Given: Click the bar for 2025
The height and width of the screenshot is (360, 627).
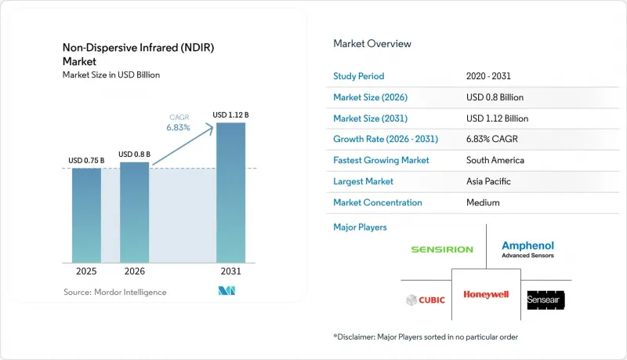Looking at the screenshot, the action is coord(86,216).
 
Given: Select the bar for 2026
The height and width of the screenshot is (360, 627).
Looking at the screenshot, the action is coord(134,213).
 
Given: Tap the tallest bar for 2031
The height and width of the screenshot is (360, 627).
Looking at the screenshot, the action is coord(230,193).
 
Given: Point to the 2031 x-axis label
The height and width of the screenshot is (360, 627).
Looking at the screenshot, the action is coord(230,271).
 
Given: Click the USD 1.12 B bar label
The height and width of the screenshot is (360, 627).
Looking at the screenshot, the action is coord(230,115).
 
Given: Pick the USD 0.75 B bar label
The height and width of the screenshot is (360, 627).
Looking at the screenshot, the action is coord(86,161).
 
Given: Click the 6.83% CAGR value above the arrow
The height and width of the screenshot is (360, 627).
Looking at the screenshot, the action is coord(179,128).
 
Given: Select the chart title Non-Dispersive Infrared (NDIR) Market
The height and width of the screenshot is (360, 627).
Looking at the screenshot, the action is coord(139,54).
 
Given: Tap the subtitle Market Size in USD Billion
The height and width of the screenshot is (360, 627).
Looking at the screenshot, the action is coord(111,75).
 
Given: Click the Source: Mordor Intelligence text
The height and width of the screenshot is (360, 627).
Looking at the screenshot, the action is coord(115,292).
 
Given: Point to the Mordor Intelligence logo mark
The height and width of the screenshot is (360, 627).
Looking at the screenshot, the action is coord(227,291).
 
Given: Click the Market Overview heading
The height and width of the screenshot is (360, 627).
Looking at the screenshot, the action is coord(372,44).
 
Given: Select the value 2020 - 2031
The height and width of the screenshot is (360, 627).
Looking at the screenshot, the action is coord(488,76).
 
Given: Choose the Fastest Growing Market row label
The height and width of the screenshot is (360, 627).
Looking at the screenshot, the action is coord(381,160).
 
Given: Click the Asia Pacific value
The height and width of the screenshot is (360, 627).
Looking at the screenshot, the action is coord(488,181).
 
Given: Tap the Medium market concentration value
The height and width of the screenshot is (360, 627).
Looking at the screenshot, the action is coord(483,202).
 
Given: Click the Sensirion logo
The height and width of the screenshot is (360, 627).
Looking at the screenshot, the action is coord(442,249).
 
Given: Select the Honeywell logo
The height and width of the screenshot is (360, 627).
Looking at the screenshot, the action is coord(486,295).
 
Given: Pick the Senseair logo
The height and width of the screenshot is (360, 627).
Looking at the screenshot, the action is coord(545,300).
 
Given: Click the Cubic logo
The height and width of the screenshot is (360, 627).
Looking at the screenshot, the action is coord(426,300).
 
